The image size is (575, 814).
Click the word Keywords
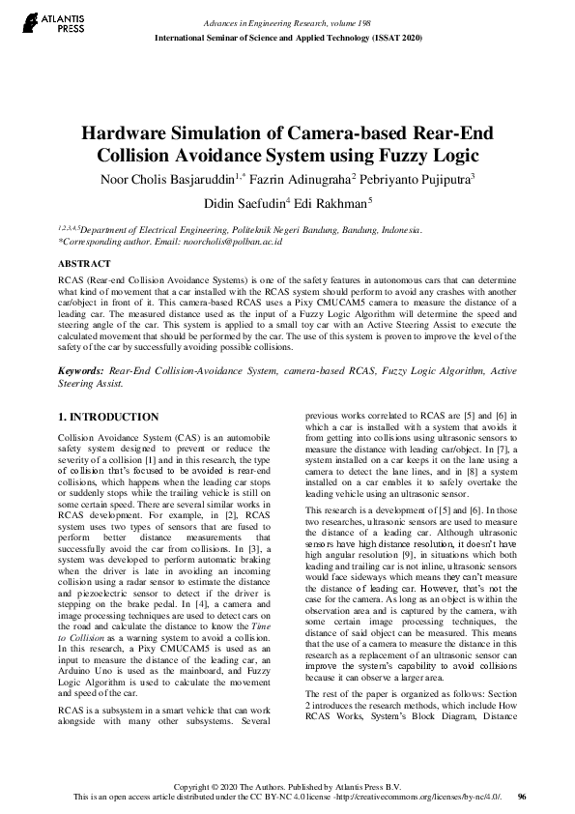tap(81, 370)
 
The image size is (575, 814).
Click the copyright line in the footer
tap(286, 785)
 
